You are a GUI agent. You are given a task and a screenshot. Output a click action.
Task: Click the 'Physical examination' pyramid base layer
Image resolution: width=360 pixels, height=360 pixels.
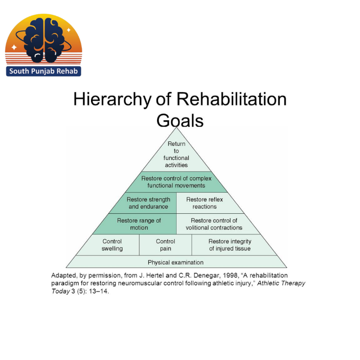176,262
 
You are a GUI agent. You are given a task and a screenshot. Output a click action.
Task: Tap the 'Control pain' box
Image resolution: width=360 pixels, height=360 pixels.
165,245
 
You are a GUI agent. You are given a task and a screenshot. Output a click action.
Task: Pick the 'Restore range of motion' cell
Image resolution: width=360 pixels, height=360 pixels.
138,224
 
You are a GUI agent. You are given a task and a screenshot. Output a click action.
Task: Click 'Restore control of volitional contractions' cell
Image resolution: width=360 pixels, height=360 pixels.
215,224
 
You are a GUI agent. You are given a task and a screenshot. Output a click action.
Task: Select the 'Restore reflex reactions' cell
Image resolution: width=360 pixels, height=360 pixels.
205,203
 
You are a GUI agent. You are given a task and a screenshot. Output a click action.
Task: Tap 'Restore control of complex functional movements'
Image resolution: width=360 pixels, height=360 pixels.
176,182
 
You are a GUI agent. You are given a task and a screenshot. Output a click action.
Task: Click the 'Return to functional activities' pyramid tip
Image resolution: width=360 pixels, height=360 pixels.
176,154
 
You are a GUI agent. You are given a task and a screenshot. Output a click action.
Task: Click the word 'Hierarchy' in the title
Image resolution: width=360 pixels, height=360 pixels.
112,99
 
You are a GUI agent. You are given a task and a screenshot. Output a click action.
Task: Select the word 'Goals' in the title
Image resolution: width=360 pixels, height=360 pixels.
180,120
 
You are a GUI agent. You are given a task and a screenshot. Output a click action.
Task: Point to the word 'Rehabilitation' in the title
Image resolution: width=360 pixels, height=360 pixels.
231,99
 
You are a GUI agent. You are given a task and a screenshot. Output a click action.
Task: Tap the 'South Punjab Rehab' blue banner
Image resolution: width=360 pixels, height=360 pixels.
44,71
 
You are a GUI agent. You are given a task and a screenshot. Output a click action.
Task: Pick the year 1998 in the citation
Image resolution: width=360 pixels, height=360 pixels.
230,275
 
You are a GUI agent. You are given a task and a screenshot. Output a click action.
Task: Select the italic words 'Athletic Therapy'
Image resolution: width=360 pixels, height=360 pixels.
281,283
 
